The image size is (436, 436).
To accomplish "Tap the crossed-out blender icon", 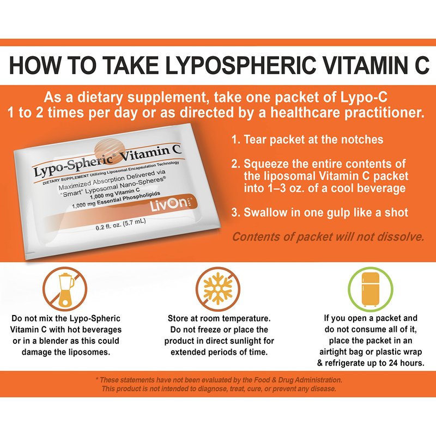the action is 65,289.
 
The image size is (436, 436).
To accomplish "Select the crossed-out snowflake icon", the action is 217,289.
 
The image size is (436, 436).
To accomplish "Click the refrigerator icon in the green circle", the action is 371,289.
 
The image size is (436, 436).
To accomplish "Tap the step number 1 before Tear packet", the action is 236,140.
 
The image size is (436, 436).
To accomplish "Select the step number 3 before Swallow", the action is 235,213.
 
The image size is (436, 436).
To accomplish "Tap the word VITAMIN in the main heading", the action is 359,65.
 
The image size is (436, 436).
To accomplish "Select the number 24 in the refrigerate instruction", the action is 392,363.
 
